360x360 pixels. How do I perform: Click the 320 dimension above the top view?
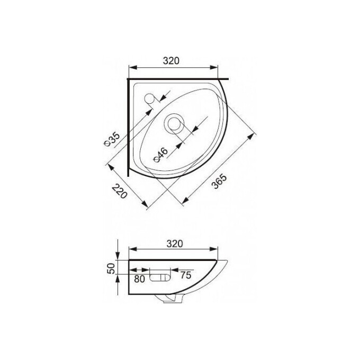click(x=171, y=61)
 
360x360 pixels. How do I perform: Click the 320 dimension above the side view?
click(x=175, y=244)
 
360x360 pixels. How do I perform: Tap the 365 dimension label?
click(x=219, y=182)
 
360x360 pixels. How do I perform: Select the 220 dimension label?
click(x=120, y=192)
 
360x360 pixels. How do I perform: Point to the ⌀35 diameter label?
click(x=112, y=140)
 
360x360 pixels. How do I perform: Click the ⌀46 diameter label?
click(x=161, y=155)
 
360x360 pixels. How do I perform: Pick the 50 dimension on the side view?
click(x=111, y=268)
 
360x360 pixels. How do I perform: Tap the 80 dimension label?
click(x=139, y=279)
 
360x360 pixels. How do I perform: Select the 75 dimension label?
click(x=186, y=275)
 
